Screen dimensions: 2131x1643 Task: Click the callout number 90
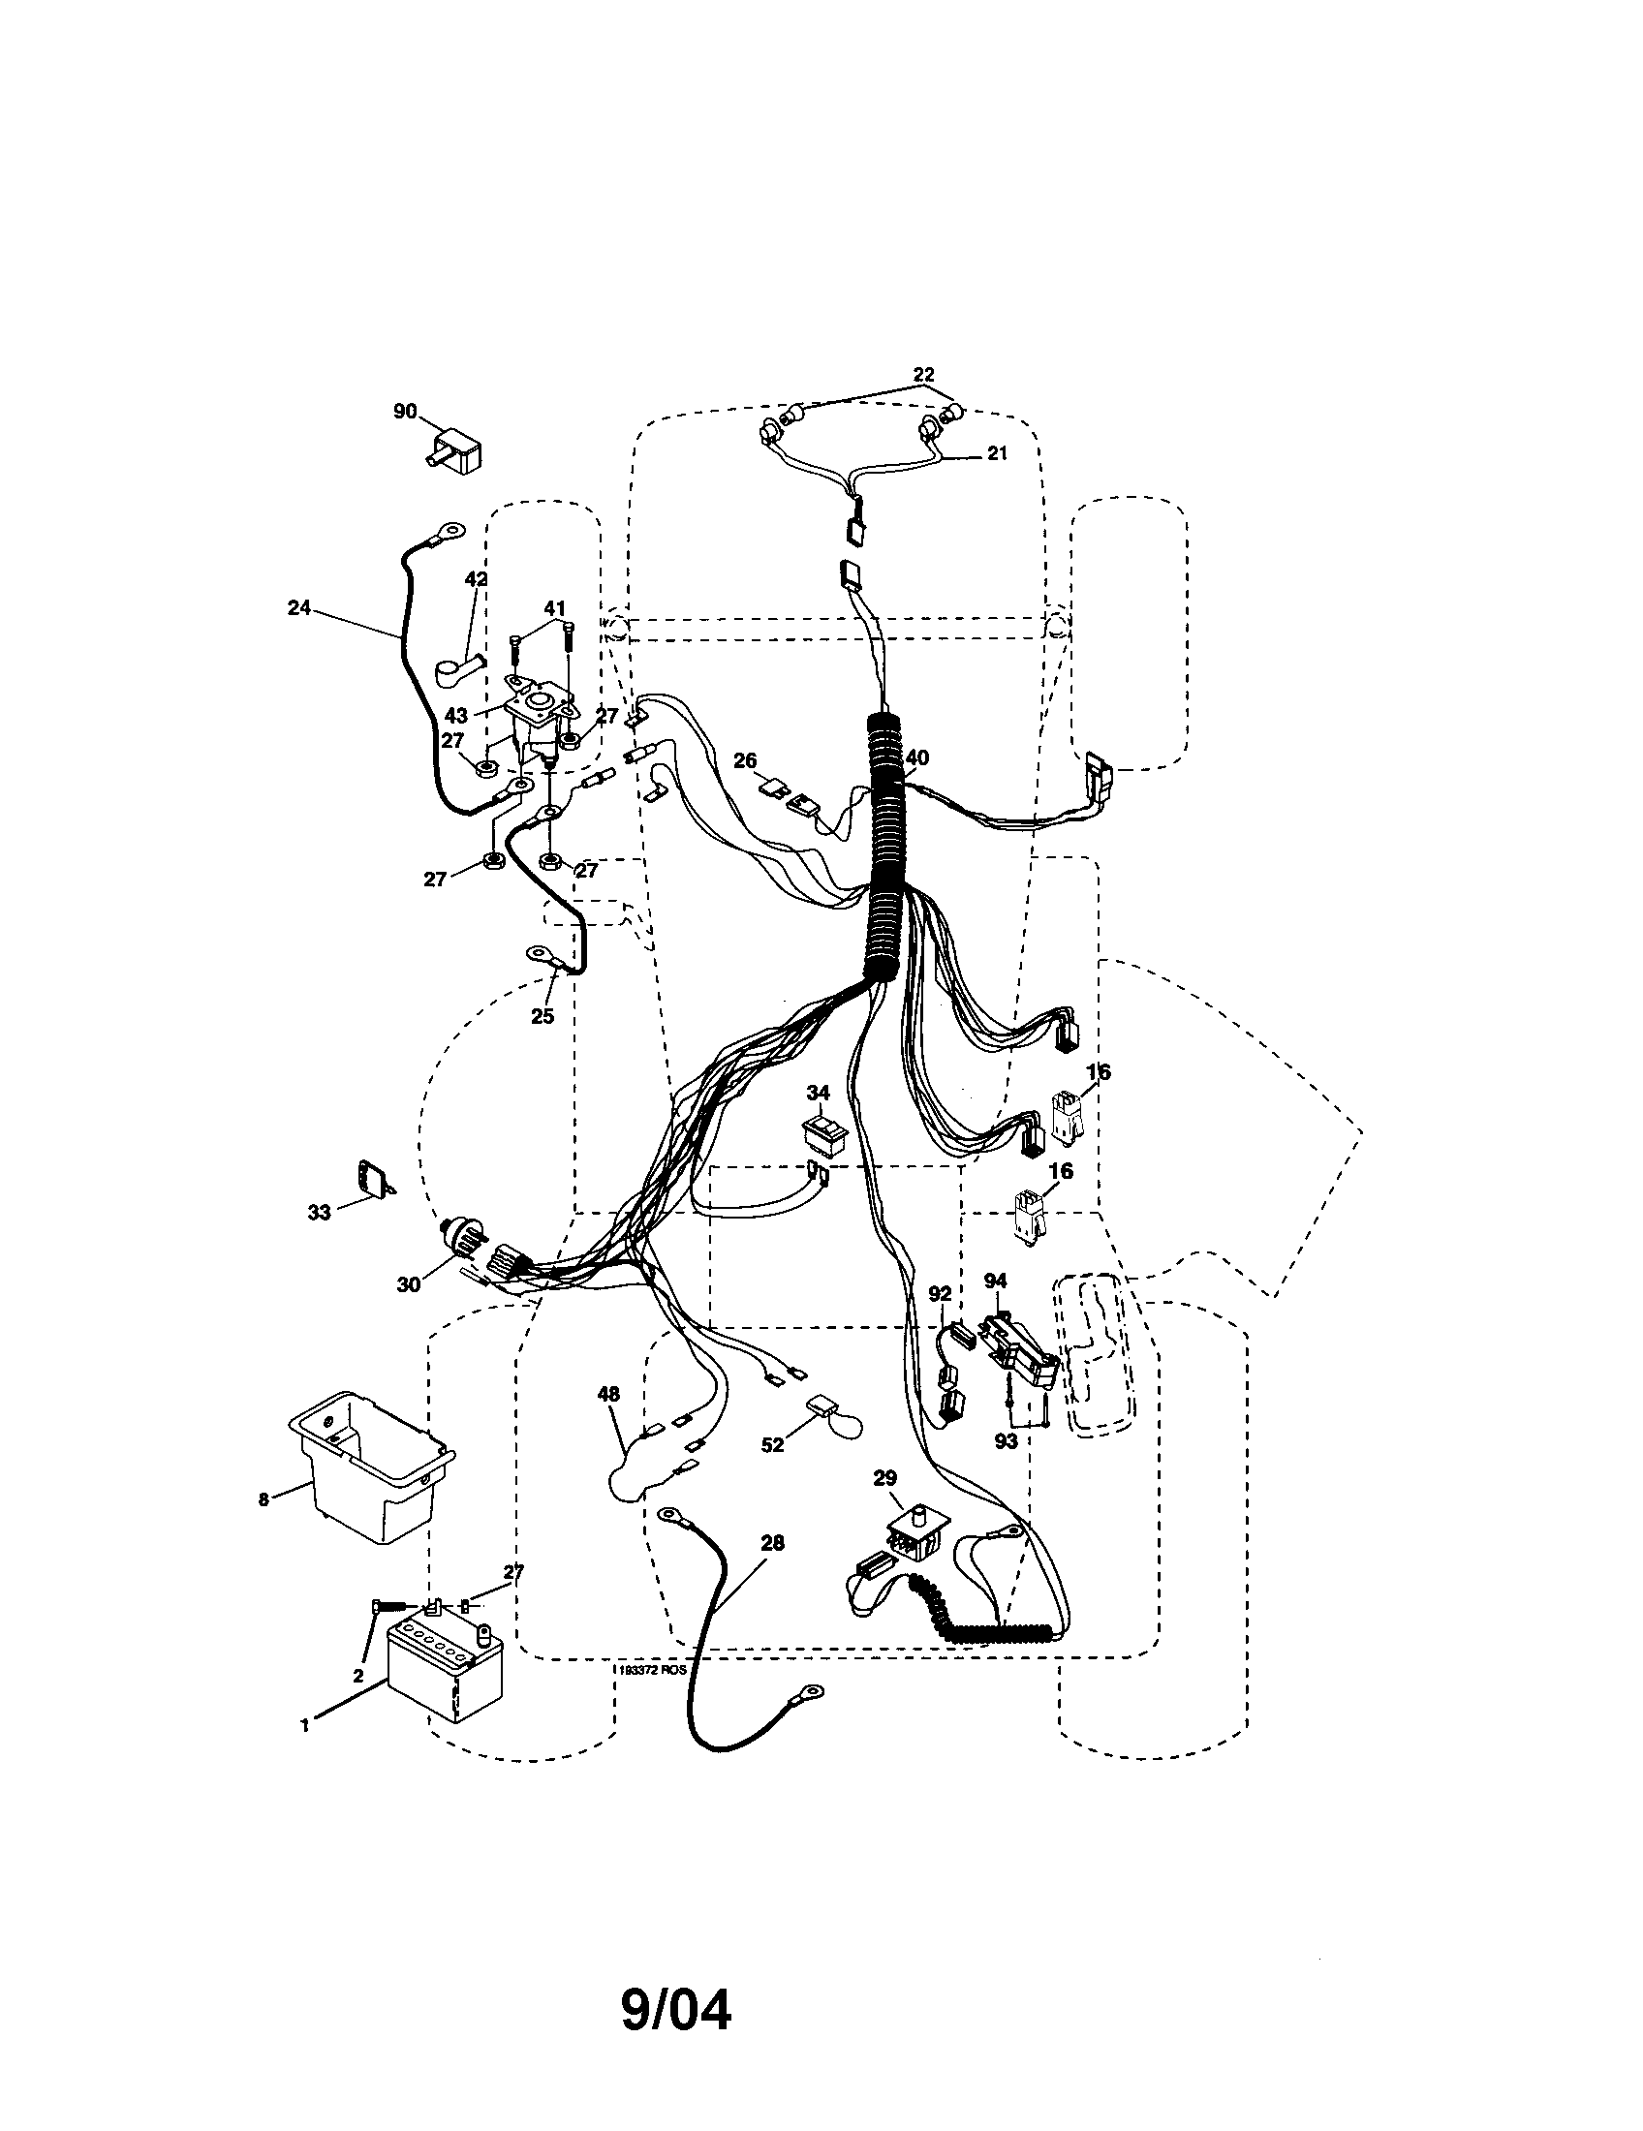tap(404, 412)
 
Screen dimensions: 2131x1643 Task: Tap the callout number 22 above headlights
tap(923, 374)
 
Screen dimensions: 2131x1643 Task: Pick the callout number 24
tap(298, 608)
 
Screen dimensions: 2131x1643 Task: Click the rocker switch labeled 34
tap(824, 1136)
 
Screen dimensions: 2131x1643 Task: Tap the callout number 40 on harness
tap(917, 757)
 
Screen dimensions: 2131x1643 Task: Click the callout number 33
tap(319, 1212)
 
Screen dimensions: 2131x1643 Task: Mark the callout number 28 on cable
tap(772, 1543)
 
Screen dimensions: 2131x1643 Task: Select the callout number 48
tap(607, 1395)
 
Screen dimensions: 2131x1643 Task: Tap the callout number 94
tap(995, 1280)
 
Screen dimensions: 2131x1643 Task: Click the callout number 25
tap(542, 1016)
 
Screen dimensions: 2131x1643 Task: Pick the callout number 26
tap(745, 759)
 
